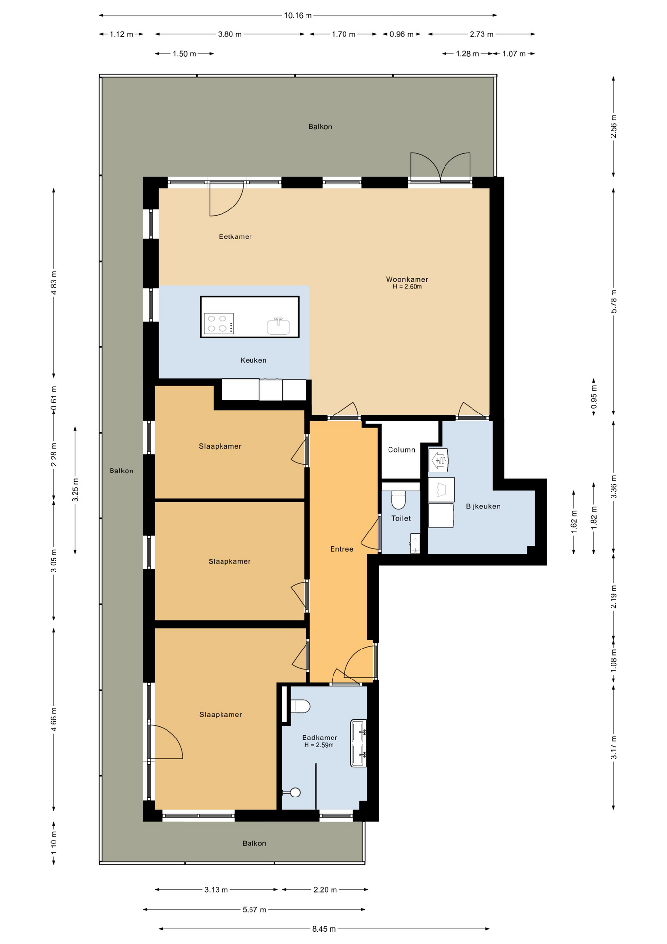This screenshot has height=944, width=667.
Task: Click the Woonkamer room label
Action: (x=407, y=279)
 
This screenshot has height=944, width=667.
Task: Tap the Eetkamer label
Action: (x=235, y=236)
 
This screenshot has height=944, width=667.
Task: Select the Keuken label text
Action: (x=253, y=360)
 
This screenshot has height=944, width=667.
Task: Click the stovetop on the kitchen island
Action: (x=219, y=324)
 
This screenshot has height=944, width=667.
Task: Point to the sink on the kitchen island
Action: (x=278, y=325)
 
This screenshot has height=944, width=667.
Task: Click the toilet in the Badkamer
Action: (x=300, y=707)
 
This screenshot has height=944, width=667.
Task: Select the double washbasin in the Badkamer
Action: (x=359, y=743)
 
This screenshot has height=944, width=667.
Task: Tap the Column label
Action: (x=401, y=450)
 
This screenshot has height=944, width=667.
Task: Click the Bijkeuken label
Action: (x=483, y=506)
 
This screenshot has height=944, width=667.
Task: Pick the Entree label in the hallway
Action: (x=341, y=549)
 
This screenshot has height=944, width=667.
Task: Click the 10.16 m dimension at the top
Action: (x=298, y=15)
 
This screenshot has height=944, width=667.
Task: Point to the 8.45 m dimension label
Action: (x=324, y=929)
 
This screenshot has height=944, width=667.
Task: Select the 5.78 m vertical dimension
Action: (x=613, y=301)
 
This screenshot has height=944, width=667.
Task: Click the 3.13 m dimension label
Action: (x=216, y=889)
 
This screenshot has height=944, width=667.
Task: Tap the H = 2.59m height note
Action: (x=319, y=745)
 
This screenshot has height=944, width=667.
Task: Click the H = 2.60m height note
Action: (x=407, y=286)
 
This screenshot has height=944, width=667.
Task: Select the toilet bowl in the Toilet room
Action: (x=398, y=500)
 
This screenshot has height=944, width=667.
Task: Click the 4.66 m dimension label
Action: (x=54, y=719)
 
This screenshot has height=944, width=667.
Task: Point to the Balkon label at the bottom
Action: (x=254, y=843)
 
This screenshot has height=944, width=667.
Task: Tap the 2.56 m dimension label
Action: (x=613, y=126)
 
